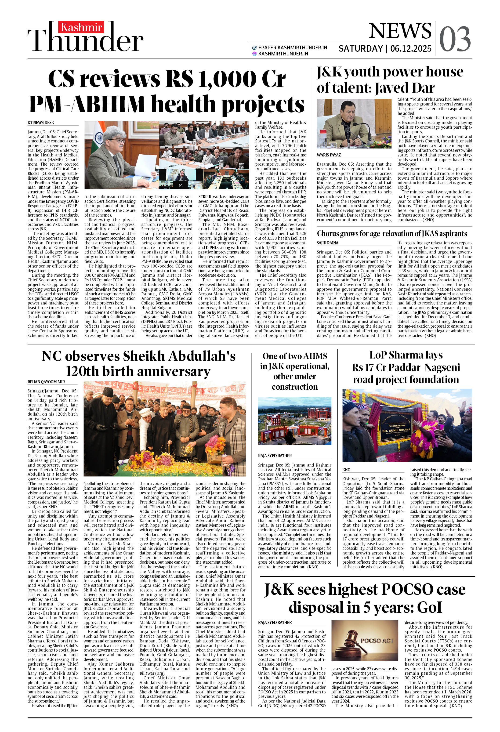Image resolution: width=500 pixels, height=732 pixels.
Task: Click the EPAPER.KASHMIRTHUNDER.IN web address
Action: click(292, 47)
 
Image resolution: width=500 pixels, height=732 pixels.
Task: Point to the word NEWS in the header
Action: click(400, 31)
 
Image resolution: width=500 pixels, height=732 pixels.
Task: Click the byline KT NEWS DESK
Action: click(41, 123)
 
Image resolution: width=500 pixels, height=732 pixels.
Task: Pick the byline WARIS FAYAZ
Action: click(329, 155)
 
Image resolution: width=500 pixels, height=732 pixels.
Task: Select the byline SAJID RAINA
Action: click(327, 243)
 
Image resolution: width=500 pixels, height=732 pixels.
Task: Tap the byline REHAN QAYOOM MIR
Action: click(46, 382)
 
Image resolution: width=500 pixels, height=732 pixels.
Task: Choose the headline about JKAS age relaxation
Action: click(392, 234)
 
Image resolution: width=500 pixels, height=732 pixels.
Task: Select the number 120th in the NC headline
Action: click(84, 372)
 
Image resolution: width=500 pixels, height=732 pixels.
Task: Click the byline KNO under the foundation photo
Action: click(346, 470)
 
